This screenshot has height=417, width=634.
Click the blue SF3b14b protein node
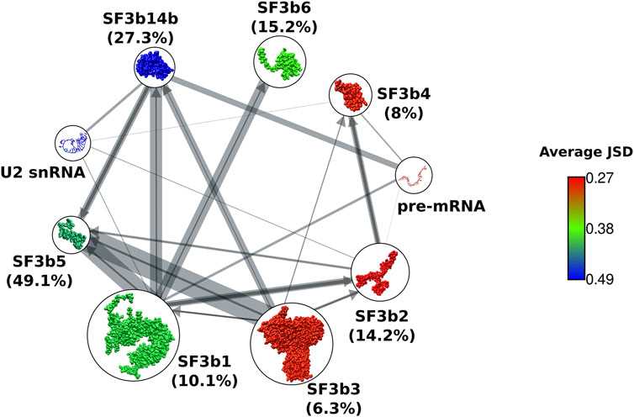coord(155,66)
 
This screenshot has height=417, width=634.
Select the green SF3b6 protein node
coord(280,61)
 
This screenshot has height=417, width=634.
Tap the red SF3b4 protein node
coord(351,95)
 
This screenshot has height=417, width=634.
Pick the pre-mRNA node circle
coord(414,175)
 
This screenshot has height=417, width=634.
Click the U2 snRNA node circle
coord(73,143)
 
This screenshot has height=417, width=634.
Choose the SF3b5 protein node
coord(71,235)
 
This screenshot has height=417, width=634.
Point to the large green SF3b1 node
coord(134,335)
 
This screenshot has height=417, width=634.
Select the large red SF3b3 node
coord(292,343)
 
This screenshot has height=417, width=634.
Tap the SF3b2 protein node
coord(380,272)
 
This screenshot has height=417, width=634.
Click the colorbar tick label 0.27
coord(600,178)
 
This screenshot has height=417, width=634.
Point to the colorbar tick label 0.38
coord(600,229)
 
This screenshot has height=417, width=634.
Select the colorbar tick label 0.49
coord(600,279)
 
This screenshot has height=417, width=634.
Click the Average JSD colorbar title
coord(586,152)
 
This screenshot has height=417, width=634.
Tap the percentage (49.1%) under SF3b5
coord(40,280)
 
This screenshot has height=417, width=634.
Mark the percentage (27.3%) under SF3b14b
coord(140,38)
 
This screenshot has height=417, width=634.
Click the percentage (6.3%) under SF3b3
coord(334,408)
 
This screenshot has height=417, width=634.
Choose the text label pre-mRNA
coord(441,207)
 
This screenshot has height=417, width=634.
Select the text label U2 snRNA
coord(42,172)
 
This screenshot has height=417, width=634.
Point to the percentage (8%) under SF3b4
coord(404,113)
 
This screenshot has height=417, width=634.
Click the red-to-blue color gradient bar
coord(576,228)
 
